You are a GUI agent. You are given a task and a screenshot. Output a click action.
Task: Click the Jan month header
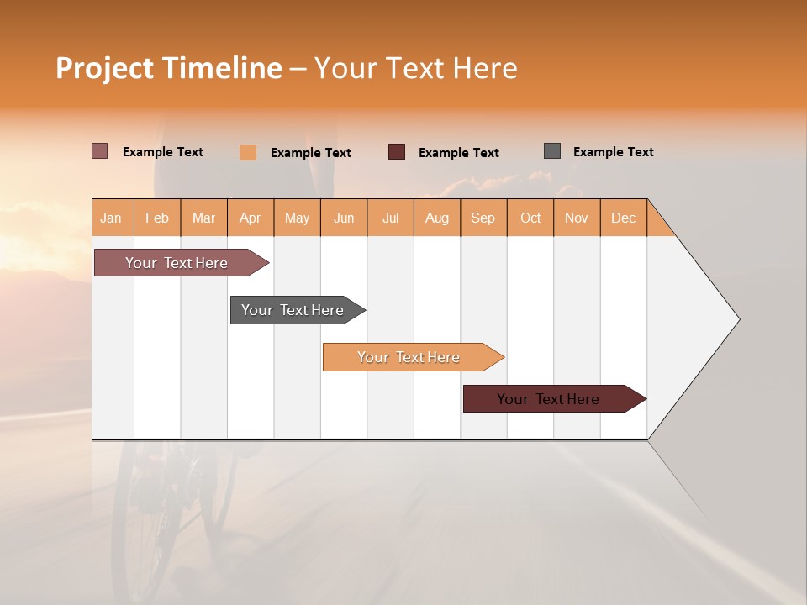point(112,218)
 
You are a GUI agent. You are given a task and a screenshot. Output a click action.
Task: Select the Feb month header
point(157,218)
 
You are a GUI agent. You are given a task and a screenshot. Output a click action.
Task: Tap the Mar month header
point(203,218)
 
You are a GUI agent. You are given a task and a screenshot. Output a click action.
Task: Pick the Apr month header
point(251,218)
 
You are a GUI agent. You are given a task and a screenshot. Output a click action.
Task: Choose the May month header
point(297,218)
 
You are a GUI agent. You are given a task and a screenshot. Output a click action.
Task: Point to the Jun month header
point(344,218)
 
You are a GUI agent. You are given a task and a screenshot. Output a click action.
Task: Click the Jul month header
point(390,218)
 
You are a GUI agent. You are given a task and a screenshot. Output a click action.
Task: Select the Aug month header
point(437,218)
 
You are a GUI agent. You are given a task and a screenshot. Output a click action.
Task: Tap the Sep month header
point(483,218)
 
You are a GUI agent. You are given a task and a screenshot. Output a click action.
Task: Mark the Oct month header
point(530,218)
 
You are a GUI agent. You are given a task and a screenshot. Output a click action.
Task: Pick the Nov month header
point(577,218)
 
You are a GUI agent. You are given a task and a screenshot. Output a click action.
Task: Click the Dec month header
point(624,218)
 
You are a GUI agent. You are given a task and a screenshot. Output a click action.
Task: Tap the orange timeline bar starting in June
point(409,357)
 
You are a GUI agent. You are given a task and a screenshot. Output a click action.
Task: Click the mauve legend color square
point(99,151)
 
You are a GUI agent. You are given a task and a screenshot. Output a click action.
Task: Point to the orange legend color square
point(248,152)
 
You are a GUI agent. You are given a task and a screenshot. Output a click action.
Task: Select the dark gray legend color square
point(552,151)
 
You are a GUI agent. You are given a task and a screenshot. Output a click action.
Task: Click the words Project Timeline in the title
point(169,68)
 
